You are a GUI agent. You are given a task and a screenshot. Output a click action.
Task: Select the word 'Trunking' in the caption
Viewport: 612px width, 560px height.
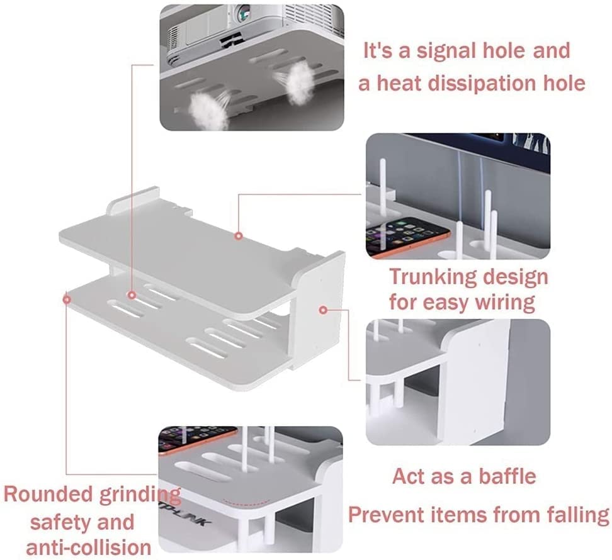(433, 277)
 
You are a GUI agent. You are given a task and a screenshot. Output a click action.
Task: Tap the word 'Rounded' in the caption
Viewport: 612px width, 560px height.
(48, 494)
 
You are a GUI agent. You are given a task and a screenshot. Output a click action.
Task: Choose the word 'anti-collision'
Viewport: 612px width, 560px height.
(89, 547)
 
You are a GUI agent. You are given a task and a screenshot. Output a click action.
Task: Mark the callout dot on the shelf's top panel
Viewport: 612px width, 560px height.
(239, 235)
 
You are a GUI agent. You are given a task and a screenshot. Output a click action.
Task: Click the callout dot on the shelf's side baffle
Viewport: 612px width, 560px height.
(323, 310)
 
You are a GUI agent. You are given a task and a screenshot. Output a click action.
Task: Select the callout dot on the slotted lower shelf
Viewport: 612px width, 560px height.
(132, 295)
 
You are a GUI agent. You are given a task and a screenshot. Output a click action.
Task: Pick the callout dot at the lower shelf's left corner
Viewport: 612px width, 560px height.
(67, 300)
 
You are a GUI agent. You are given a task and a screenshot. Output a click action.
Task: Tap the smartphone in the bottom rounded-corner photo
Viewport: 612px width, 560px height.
(197, 439)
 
